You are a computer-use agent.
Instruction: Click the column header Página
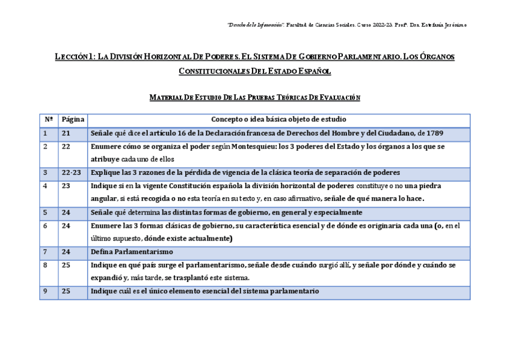[x=73, y=119]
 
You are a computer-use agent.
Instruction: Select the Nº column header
[x=49, y=119]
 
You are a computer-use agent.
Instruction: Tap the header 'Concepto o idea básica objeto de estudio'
[x=278, y=119]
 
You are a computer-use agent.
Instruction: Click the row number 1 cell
[x=45, y=132]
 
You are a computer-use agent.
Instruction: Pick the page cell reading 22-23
[x=71, y=172]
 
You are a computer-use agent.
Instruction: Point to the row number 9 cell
[x=45, y=291]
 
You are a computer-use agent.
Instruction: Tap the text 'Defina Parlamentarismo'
[x=132, y=251]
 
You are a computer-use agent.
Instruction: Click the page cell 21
[x=66, y=132]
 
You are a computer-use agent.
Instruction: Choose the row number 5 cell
[x=45, y=212]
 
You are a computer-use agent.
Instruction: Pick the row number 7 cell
[x=45, y=251]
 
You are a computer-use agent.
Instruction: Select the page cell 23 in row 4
[x=66, y=186]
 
